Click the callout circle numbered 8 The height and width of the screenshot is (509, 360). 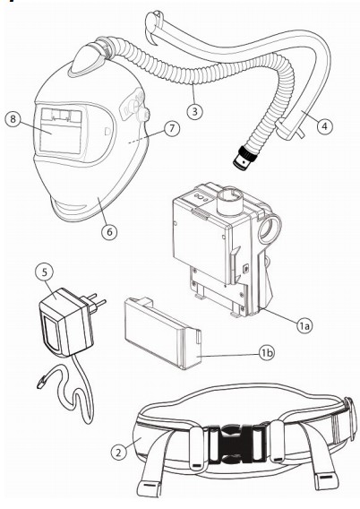pyautogui.click(x=13, y=118)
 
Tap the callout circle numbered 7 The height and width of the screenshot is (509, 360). pyautogui.click(x=171, y=128)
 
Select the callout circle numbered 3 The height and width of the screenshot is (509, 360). pyautogui.click(x=194, y=111)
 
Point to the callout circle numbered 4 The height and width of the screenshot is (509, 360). pyautogui.click(x=325, y=125)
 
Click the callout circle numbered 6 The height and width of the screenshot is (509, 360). pyautogui.click(x=109, y=232)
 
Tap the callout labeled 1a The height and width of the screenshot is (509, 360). pyautogui.click(x=304, y=325)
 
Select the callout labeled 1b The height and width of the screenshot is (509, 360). pyautogui.click(x=267, y=353)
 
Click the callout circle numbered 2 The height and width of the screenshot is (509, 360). pyautogui.click(x=118, y=452)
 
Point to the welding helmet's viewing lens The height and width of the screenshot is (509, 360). pyautogui.click(x=61, y=131)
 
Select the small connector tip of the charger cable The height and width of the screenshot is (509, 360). pyautogui.click(x=41, y=383)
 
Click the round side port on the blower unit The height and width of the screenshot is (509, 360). pyautogui.click(x=270, y=229)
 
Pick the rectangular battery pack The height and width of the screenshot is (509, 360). pyautogui.click(x=162, y=333)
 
